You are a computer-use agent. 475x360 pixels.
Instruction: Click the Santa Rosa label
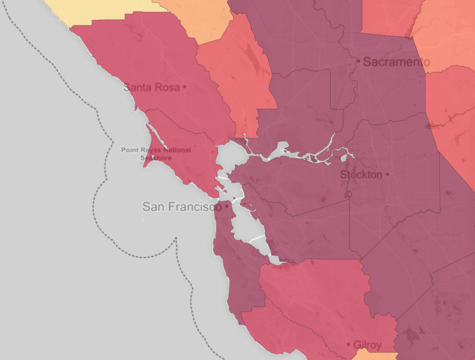[151, 87]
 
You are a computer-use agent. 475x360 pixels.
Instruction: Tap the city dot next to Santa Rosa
[184, 87]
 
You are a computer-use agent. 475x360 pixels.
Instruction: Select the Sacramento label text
[396, 61]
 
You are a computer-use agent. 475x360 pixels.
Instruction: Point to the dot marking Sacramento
[358, 61]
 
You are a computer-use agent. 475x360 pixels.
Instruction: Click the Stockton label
[361, 174]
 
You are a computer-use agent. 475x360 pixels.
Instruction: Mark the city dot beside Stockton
[387, 174]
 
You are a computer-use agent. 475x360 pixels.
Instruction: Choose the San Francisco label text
[178, 207]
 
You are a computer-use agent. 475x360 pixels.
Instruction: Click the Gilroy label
[368, 345]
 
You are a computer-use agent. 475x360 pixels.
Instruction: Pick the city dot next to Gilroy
[349, 345]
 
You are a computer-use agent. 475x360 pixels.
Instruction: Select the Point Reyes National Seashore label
[156, 154]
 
